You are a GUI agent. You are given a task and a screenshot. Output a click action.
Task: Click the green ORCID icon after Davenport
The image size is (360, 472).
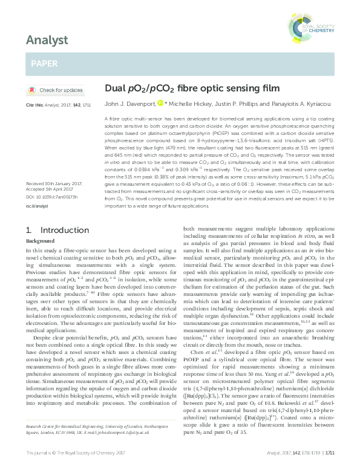pos(160,103)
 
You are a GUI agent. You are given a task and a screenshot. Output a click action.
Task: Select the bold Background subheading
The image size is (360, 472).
pos(41,224)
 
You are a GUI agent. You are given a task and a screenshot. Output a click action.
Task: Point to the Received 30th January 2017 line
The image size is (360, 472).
pos(55,166)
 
